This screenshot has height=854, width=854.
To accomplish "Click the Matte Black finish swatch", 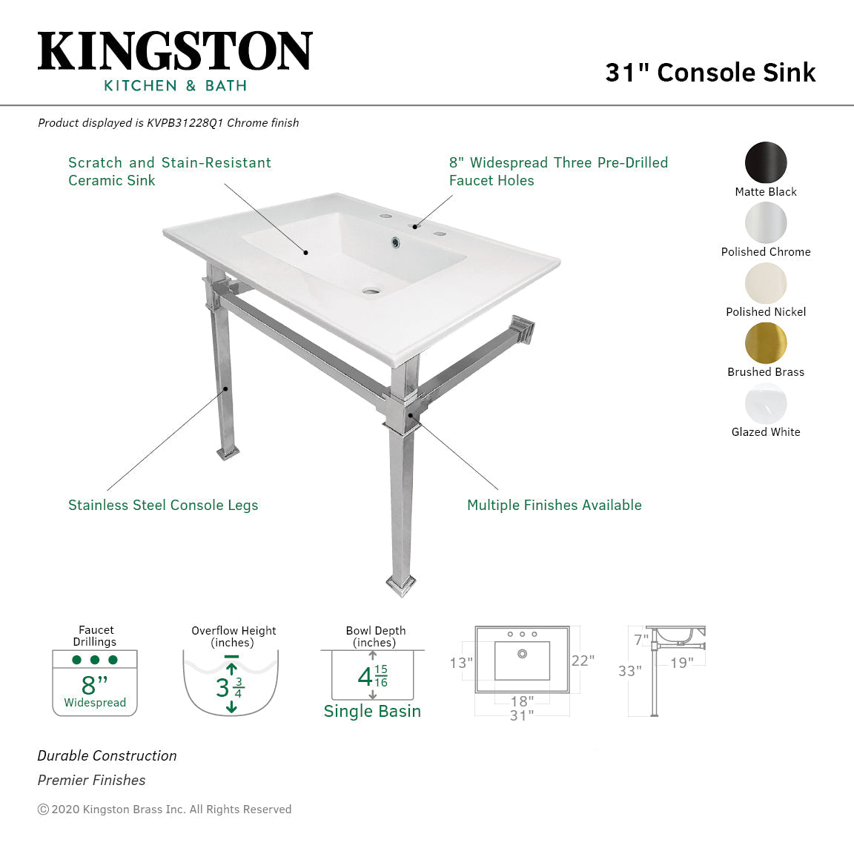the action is (766, 162).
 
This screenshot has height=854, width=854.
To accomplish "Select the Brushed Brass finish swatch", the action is (766, 343).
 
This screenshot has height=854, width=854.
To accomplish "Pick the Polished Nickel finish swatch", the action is (766, 283).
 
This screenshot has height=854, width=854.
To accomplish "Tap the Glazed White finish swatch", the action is (766, 403).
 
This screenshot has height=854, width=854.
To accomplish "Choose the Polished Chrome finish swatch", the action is (766, 222).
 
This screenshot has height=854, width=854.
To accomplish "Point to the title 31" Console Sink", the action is (710, 73).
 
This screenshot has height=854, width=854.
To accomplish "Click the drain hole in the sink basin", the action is (371, 291).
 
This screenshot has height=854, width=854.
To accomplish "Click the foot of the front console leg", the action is (401, 586).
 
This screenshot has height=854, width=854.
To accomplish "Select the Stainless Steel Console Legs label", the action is (163, 506).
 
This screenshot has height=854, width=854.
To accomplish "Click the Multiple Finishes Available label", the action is (555, 506).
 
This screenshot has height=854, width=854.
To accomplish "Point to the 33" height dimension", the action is (629, 671).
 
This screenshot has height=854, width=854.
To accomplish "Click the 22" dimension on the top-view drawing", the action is (583, 661).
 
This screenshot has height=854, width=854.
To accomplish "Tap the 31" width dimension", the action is (522, 715).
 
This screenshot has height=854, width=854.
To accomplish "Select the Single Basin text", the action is (373, 712).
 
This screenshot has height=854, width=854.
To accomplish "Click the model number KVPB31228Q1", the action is (185, 123).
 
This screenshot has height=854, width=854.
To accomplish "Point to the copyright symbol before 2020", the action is (43, 810).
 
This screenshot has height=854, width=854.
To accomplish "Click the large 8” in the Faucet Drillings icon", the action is (94, 685).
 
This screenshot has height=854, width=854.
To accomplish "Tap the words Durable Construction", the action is (107, 756).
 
